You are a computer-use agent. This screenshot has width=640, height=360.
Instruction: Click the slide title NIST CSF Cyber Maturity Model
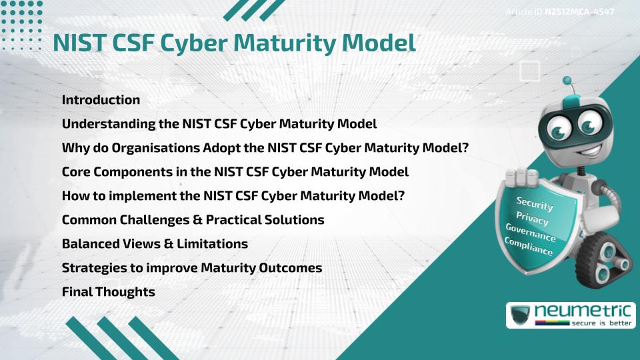pyautogui.click(x=234, y=43)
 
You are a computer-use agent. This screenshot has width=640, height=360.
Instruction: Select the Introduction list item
pyautogui.click(x=101, y=100)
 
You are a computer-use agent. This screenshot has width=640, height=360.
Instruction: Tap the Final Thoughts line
pyautogui.click(x=108, y=292)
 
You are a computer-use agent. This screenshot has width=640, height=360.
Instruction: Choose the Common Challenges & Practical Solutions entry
pyautogui.click(x=193, y=220)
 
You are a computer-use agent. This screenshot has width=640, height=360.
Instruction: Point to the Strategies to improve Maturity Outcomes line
pyautogui.click(x=192, y=268)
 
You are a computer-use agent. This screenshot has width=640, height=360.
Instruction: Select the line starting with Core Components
pyautogui.click(x=235, y=172)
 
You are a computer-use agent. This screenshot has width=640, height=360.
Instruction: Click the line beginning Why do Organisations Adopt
pyautogui.click(x=265, y=148)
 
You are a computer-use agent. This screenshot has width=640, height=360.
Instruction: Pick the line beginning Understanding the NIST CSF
pyautogui.click(x=219, y=124)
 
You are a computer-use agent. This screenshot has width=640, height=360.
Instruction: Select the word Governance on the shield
pyautogui.click(x=530, y=233)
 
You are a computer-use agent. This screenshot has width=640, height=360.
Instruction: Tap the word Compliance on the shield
pyautogui.click(x=529, y=247)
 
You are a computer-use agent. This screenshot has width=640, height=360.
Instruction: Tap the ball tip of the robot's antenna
pyautogui.click(x=568, y=81)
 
